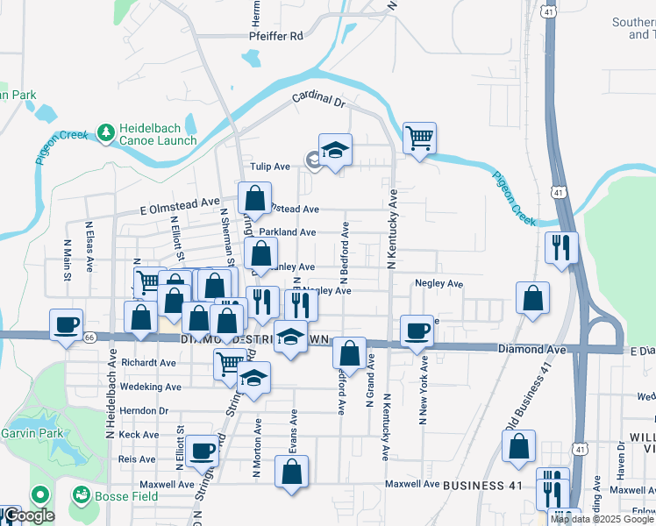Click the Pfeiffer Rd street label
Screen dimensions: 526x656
coord(275,36)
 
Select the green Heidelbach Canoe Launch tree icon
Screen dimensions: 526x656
coord(106,132)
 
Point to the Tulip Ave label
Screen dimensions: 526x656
coord(270,167)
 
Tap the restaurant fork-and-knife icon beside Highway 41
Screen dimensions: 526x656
coord(560,247)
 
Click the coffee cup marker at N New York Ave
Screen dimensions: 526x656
coord(417,331)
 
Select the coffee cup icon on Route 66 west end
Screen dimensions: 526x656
coord(66,324)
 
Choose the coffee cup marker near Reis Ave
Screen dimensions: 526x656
coord(202,451)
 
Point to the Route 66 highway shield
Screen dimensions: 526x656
coord(89,337)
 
